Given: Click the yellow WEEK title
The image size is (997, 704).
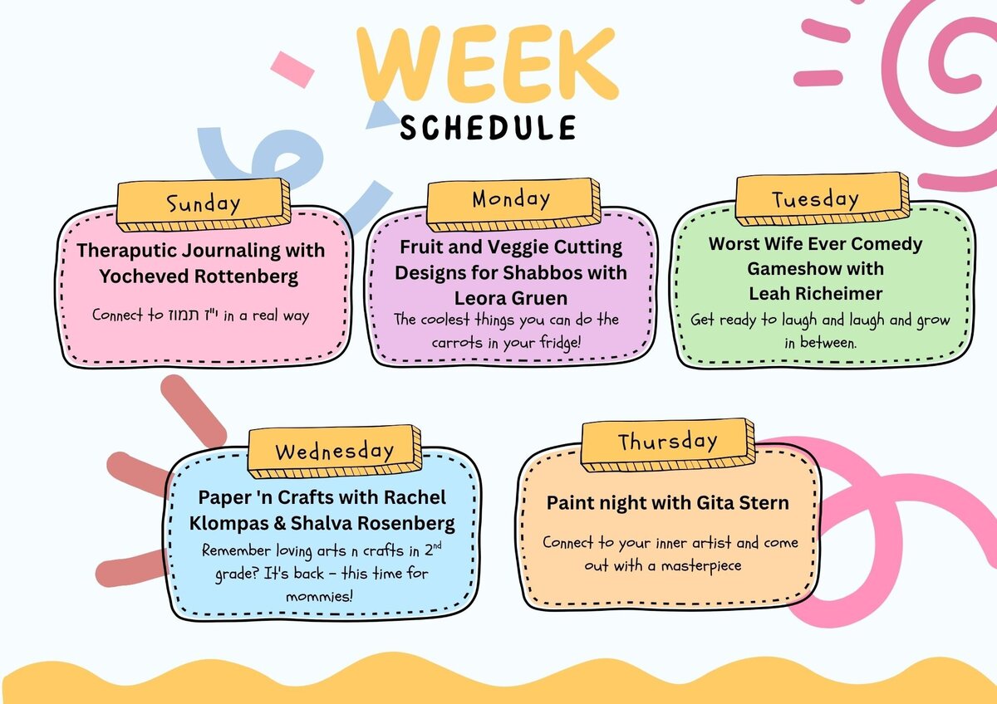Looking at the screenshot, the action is pos(488,62).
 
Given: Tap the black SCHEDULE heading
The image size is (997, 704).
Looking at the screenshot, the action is pos(488,128).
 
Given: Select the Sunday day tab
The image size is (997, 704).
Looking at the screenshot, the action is pos(204,204).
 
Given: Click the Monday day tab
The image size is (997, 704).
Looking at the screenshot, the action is pos(513,204).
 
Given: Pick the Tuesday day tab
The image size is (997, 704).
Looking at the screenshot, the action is pos(822,198).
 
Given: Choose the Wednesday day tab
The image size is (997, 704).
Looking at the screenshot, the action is pos(334,452).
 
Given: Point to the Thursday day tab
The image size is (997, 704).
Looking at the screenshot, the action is pos(668,445).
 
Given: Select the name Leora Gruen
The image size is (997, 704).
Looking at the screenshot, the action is pos(510,298).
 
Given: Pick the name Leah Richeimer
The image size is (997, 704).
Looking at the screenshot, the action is pos(815,294).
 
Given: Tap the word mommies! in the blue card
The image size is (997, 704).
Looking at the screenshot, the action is pos(319,596).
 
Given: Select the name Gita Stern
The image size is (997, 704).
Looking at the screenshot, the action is pos(743,503).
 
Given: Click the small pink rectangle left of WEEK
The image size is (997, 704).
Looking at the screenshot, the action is pos(292,70).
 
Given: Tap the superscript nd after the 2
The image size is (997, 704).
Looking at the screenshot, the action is pos(438,545).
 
